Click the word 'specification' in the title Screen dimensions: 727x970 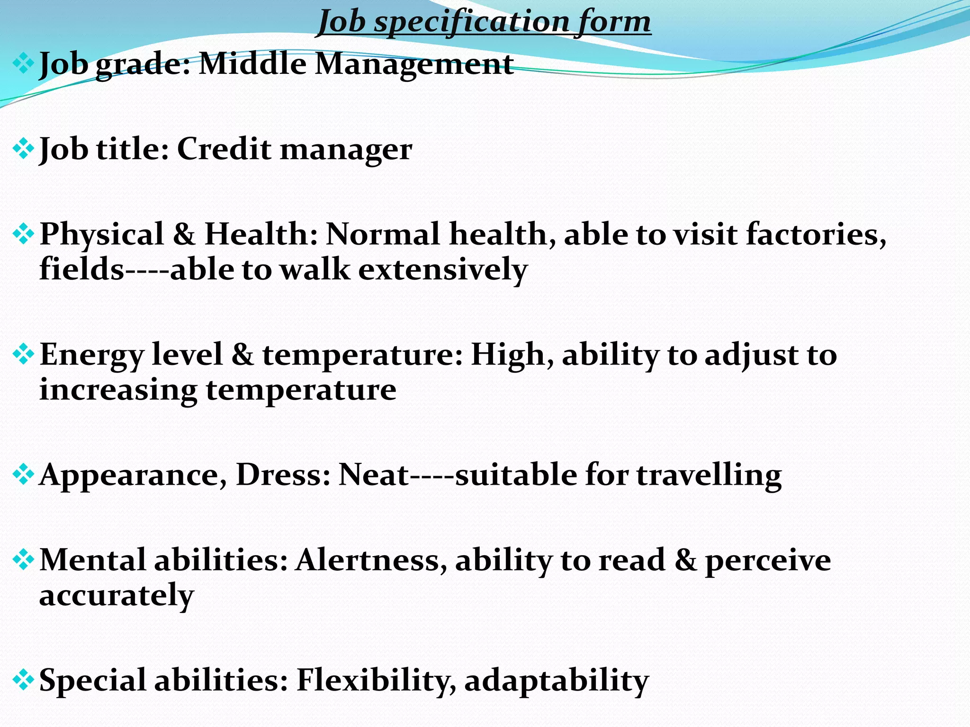(x=472, y=22)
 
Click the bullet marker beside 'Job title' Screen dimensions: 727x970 (x=23, y=149)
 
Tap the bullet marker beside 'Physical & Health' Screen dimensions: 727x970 (x=23, y=234)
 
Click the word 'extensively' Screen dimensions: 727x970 (x=443, y=269)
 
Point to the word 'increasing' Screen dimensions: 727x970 (x=118, y=391)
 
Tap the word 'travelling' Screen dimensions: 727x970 (x=709, y=475)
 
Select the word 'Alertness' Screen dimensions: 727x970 (x=371, y=560)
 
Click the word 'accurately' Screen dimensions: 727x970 (x=117, y=596)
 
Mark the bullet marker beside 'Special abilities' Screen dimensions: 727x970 (x=23, y=681)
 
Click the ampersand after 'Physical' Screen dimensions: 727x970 (x=184, y=234)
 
